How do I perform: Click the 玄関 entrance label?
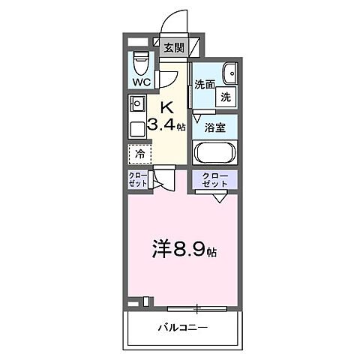[173, 48]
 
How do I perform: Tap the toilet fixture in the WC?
[139, 61]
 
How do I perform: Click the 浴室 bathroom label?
[216, 127]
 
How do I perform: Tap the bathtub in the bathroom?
[215, 152]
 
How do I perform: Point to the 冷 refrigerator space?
[139, 154]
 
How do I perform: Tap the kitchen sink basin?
[137, 103]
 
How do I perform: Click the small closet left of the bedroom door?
[138, 180]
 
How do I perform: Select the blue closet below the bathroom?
[215, 180]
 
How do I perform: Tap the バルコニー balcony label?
[182, 328]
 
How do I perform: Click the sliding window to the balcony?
[196, 307]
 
